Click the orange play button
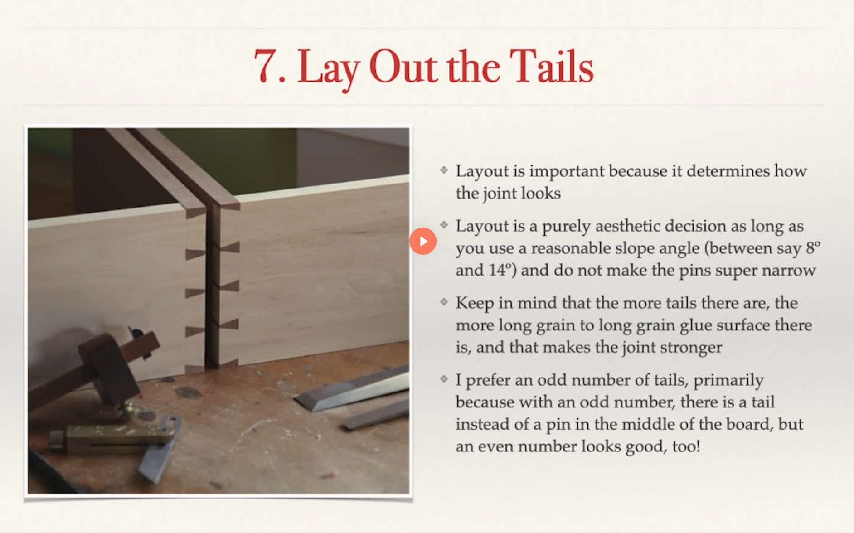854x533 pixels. tap(422, 241)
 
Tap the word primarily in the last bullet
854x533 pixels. tap(728, 380)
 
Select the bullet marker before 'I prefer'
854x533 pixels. tap(444, 379)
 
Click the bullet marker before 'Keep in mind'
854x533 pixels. tap(444, 302)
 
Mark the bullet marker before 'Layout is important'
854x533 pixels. tap(444, 170)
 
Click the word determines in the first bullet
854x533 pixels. tap(728, 171)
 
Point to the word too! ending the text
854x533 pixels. tap(686, 446)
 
